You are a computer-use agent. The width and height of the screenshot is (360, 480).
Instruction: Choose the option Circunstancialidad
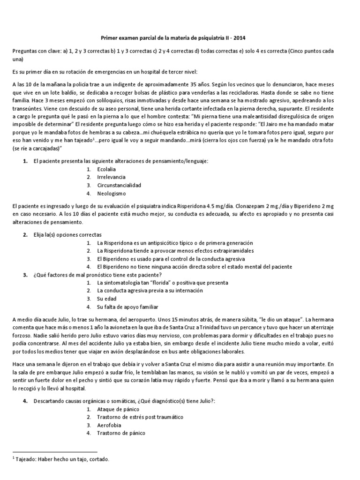(119, 185)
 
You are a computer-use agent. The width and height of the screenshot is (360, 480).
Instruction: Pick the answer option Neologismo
(112, 193)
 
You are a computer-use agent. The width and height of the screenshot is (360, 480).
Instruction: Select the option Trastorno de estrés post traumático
(140, 416)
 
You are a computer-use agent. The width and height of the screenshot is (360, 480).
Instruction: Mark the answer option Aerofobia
(109, 425)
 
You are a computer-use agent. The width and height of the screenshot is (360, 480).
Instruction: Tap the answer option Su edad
(107, 299)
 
